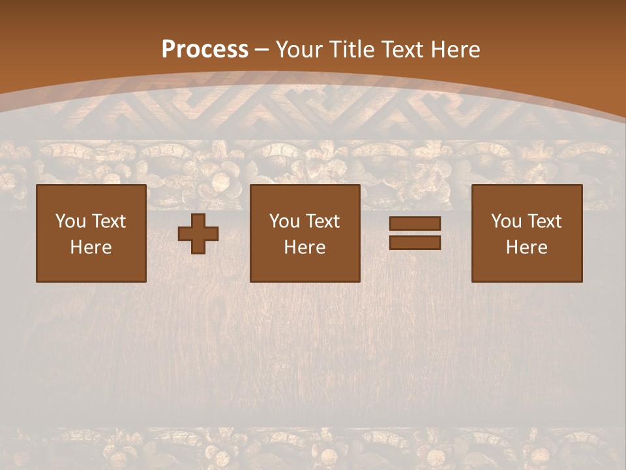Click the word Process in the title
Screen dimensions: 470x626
(205, 50)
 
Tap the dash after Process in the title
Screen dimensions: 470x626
(262, 50)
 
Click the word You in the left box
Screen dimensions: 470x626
(70, 221)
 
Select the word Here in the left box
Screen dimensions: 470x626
(91, 247)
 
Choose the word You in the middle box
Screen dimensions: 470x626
(284, 221)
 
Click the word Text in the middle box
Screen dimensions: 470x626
(322, 221)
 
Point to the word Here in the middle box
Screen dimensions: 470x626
(305, 247)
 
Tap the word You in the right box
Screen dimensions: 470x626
(506, 221)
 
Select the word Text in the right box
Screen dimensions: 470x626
(544, 221)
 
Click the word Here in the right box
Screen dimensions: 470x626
(527, 247)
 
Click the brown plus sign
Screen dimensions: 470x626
(198, 234)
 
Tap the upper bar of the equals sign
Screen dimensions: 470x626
(415, 224)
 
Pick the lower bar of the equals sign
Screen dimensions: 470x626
(415, 243)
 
